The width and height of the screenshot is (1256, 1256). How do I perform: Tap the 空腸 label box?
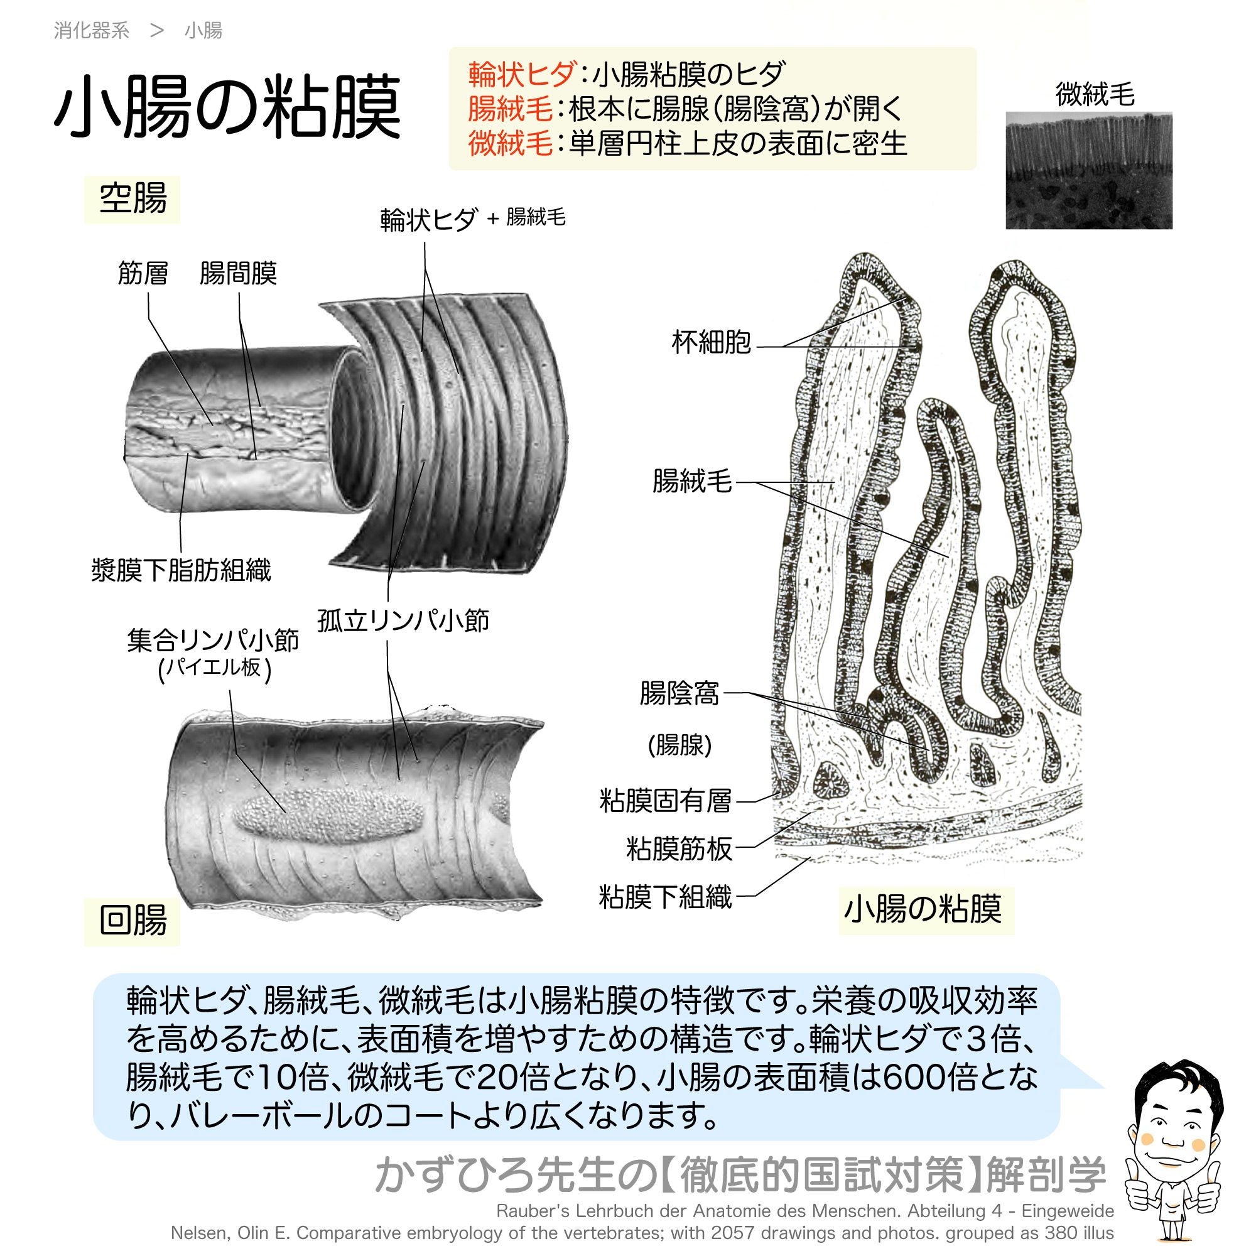click(132, 199)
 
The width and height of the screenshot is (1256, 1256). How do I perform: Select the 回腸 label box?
click(132, 921)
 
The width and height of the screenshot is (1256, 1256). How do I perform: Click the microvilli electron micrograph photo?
click(1089, 170)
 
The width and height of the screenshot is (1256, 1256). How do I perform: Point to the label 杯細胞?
click(712, 342)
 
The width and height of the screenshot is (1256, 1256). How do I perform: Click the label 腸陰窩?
click(679, 693)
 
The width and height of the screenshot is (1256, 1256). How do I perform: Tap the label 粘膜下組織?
click(666, 897)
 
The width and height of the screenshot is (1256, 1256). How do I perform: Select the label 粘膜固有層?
click(666, 801)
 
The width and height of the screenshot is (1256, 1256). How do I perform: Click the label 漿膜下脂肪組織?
click(181, 570)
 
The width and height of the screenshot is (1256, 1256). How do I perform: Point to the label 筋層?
click(143, 273)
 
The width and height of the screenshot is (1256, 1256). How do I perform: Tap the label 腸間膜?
click(239, 273)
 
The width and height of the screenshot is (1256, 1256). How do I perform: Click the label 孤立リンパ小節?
click(403, 621)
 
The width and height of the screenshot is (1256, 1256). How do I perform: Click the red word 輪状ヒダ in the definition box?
click(521, 74)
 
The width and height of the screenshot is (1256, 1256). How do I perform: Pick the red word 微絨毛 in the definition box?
click(511, 143)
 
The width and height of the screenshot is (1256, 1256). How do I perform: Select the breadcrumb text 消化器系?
click(92, 31)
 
